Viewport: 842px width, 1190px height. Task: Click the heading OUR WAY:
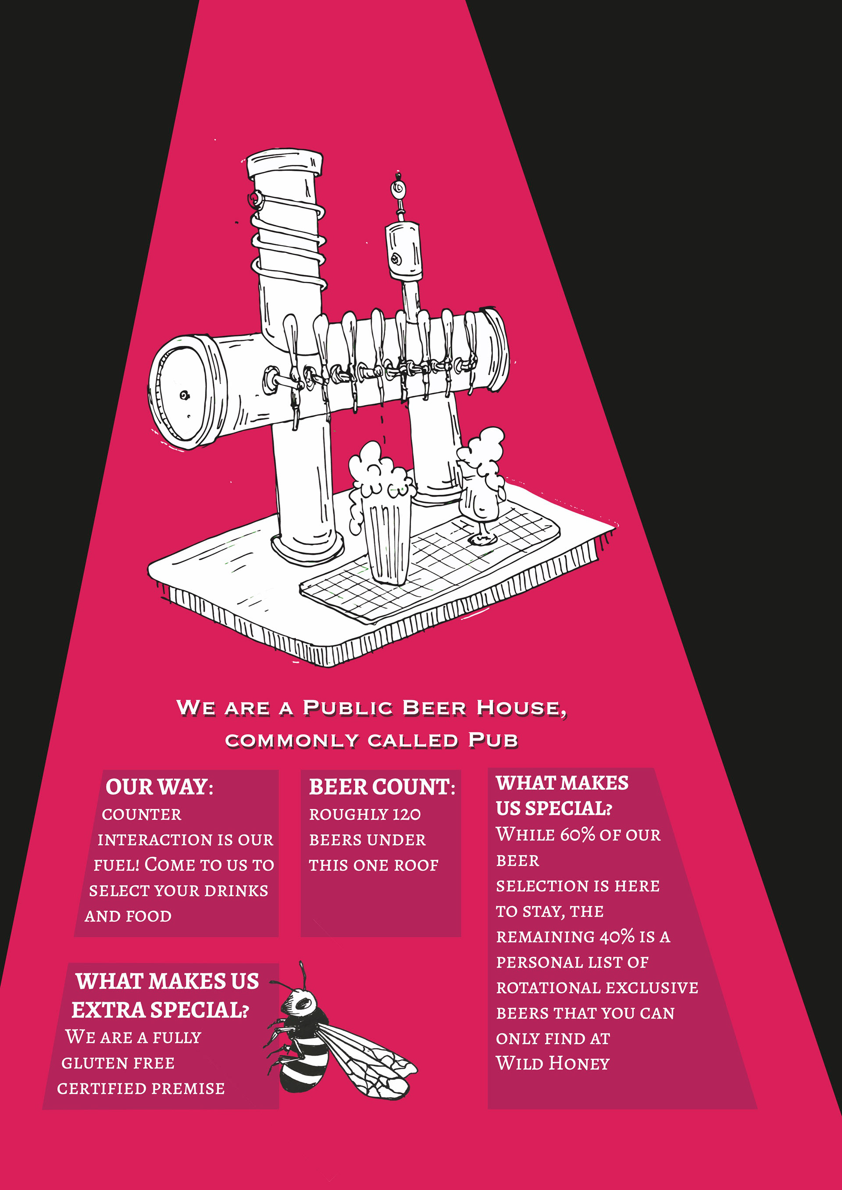tap(159, 787)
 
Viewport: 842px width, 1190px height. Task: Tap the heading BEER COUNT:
tap(382, 787)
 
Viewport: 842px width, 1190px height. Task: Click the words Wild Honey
tap(553, 1063)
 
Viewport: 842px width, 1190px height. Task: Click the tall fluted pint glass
tap(386, 539)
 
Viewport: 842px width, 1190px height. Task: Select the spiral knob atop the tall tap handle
tap(398, 188)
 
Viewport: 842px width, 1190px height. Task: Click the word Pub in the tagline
tap(492, 740)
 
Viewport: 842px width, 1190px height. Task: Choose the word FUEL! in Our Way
tap(116, 865)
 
